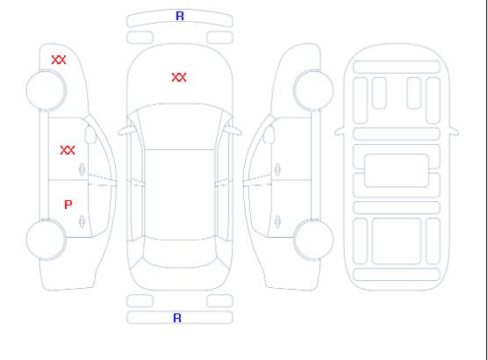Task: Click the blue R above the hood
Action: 180,16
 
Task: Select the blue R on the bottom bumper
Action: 177,318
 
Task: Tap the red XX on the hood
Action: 179,77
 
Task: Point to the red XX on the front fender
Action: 59,60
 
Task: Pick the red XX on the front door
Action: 68,150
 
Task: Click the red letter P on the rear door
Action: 68,205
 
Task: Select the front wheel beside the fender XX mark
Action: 46,90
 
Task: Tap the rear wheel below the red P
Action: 46,240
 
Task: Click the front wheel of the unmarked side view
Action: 313,90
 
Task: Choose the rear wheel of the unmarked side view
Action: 313,240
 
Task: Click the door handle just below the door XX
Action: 83,169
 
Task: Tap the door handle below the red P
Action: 83,221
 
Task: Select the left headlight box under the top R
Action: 140,38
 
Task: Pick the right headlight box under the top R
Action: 219,38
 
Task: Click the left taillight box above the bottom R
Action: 140,301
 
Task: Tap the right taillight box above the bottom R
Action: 219,301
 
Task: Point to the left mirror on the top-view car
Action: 126,131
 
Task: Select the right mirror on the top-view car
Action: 233,131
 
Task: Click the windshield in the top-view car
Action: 180,126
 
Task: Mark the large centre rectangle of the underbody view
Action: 397,170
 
